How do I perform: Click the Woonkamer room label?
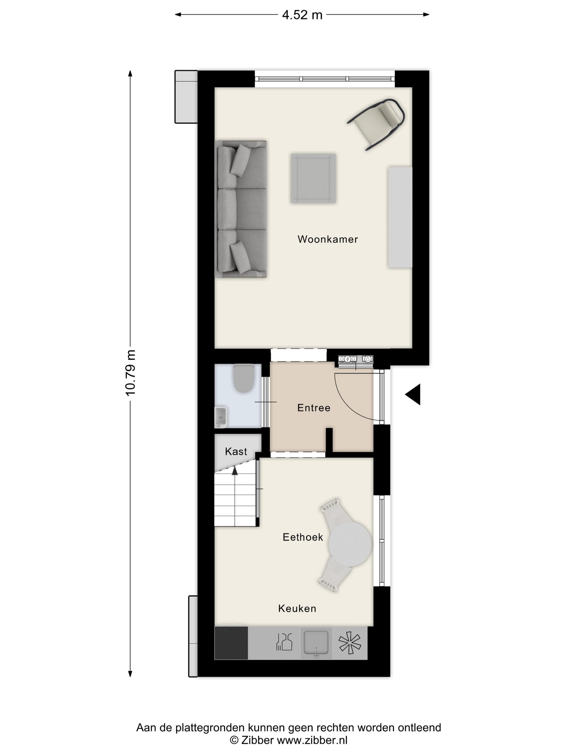tap(327, 239)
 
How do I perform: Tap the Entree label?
tap(313, 408)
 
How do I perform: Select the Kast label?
tap(236, 452)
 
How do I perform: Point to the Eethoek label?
tap(303, 537)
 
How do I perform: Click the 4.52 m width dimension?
tap(302, 15)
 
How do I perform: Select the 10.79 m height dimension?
tap(131, 373)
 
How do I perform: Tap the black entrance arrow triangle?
tap(414, 395)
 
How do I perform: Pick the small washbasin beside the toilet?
tap(221, 417)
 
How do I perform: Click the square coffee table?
tap(313, 178)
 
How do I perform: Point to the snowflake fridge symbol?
tap(350, 643)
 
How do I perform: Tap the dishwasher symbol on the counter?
tap(284, 642)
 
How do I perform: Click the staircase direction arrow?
tap(235, 471)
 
